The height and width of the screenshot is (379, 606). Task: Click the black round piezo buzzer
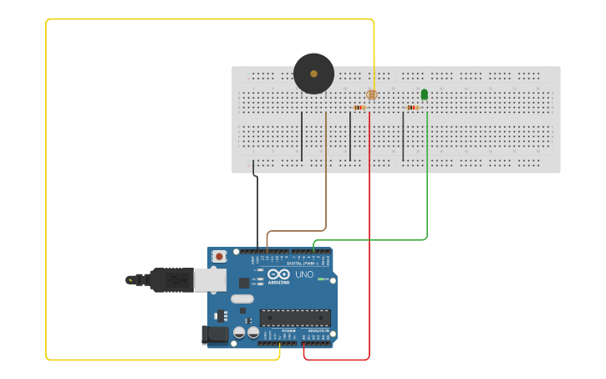click(313, 74)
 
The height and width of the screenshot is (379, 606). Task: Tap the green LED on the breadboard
click(425, 95)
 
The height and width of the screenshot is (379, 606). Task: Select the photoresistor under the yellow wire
click(372, 95)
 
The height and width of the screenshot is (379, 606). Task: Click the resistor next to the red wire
click(359, 107)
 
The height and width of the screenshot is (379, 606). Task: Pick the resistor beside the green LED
click(412, 107)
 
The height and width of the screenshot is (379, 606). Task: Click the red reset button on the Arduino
click(219, 256)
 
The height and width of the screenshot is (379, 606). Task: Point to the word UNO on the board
click(304, 274)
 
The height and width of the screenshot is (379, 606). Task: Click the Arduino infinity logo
click(279, 274)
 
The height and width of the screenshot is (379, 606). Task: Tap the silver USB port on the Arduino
click(210, 279)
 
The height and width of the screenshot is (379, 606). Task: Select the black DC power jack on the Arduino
click(214, 335)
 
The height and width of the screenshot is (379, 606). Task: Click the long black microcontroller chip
click(294, 317)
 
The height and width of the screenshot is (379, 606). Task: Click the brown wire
click(326, 184)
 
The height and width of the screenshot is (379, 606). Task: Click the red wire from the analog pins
click(369, 251)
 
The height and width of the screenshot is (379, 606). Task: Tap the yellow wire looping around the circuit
click(46, 192)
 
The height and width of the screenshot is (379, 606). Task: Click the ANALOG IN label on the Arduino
click(318, 331)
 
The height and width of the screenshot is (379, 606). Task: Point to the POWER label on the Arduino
click(288, 331)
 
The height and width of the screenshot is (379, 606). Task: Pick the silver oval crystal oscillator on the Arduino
click(242, 299)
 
